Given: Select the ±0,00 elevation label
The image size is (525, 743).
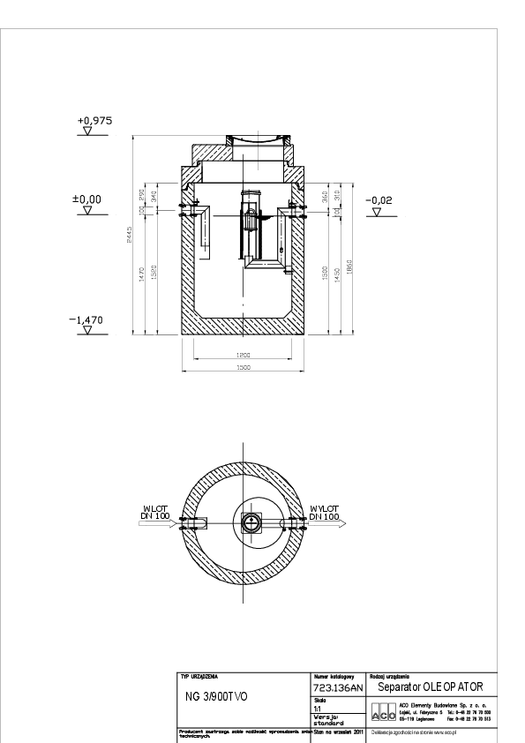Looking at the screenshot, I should [86, 199].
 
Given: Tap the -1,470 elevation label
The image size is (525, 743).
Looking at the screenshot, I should [86, 323].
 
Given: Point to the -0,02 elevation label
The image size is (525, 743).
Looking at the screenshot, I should [378, 200].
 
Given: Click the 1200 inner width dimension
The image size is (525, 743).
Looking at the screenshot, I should [244, 355].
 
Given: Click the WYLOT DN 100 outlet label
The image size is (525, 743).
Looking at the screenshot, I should [325, 512].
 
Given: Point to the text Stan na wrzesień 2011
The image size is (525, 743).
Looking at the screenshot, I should [338, 732].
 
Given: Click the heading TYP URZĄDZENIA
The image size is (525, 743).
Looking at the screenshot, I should [199, 675].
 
